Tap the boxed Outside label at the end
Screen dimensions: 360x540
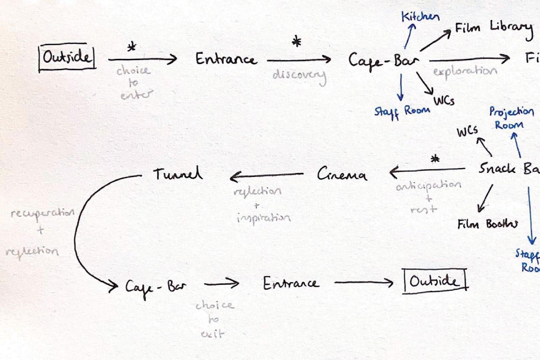(434, 282)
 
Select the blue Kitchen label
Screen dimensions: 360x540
(420, 17)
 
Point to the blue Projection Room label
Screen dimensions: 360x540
(511, 118)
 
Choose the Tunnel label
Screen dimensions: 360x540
(178, 174)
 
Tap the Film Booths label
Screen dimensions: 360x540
(488, 225)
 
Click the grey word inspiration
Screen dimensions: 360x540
(263, 218)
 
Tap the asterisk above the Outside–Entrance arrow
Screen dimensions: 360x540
(132, 47)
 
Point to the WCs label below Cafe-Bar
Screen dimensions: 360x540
(444, 101)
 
